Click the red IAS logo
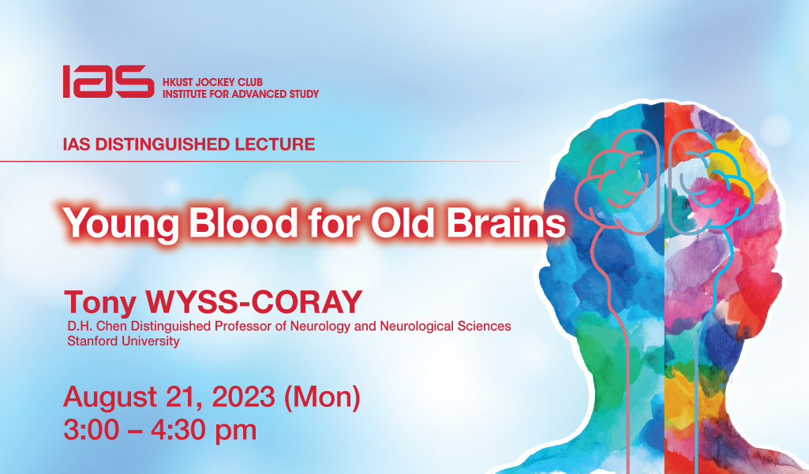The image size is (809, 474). [x=108, y=81]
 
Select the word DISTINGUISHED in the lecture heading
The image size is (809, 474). [x=163, y=144]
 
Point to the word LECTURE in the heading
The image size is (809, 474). [x=275, y=144]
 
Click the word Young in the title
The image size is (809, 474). [x=121, y=224]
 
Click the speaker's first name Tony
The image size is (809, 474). [x=100, y=303]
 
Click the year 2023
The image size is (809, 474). [x=244, y=397]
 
